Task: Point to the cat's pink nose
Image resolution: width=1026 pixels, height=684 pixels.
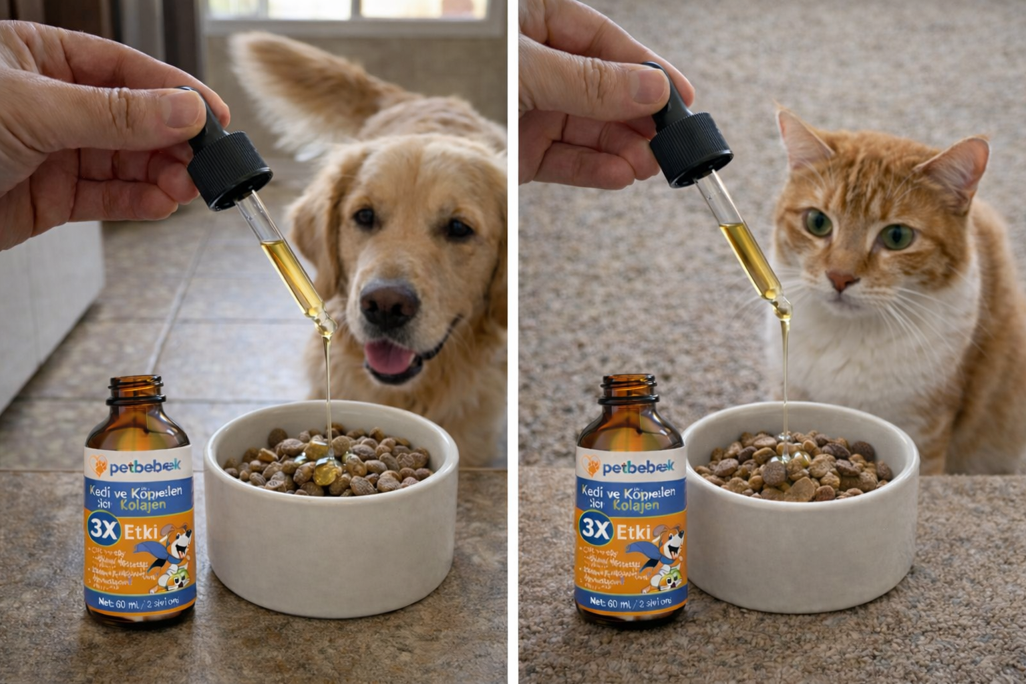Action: tap(842, 279)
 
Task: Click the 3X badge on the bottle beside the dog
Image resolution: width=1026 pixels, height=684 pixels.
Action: tap(104, 530)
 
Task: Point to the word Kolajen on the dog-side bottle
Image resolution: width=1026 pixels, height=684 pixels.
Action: tap(147, 506)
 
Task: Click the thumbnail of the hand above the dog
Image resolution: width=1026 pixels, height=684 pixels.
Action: tap(183, 108)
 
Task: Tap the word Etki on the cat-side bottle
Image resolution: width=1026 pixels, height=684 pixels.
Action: tap(633, 532)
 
